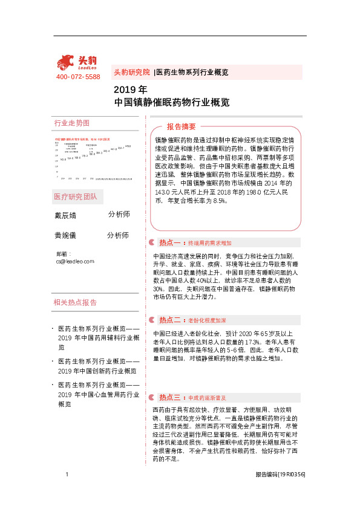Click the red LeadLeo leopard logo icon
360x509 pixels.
[x=65, y=62]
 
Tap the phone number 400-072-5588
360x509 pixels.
[x=78, y=77]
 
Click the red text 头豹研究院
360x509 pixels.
[x=131, y=72]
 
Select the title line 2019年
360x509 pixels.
[x=126, y=91]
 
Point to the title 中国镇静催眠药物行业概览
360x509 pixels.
[x=171, y=103]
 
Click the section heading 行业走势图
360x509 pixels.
[x=71, y=123]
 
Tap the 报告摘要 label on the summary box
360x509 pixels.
[x=182, y=126]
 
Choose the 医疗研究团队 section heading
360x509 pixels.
[x=79, y=197]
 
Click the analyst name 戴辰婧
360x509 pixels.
[x=66, y=215]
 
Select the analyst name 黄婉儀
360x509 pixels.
[x=66, y=236]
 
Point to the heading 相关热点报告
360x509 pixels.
[x=75, y=302]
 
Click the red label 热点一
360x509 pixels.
[x=170, y=242]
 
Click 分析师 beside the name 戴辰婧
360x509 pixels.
[x=119, y=215]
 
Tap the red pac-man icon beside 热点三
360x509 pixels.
[x=151, y=397]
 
